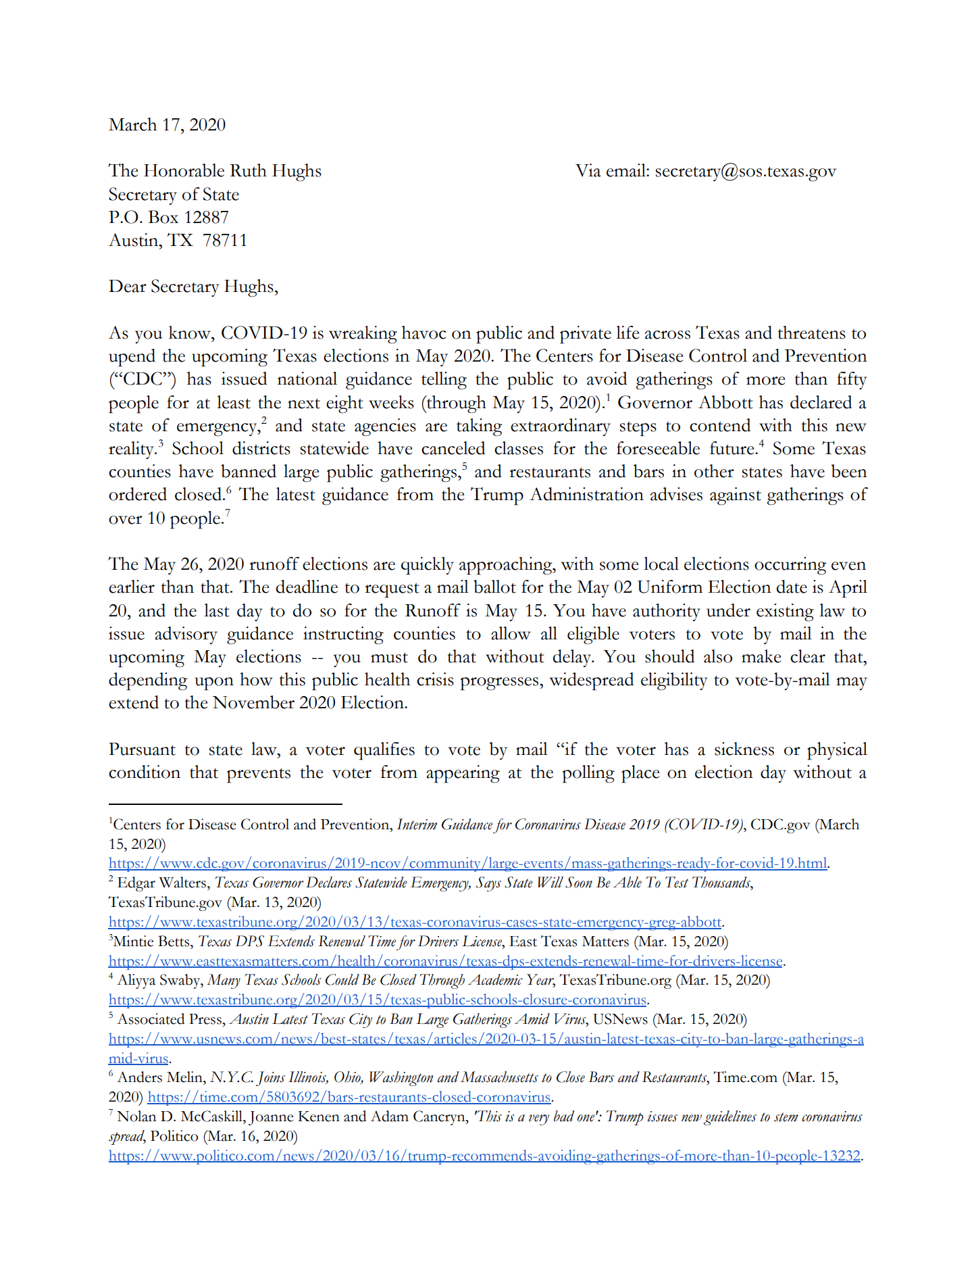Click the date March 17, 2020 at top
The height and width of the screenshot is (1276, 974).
click(167, 125)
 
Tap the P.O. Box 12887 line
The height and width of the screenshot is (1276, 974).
click(169, 218)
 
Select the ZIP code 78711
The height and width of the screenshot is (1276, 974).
click(225, 241)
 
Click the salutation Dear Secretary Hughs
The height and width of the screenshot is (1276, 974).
click(193, 287)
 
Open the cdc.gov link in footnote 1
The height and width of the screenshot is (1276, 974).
click(467, 864)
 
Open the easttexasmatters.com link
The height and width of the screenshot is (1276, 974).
click(446, 962)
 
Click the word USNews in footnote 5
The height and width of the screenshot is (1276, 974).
click(620, 1020)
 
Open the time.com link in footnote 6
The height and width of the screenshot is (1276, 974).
click(349, 1098)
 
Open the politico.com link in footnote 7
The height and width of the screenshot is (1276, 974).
click(484, 1156)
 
